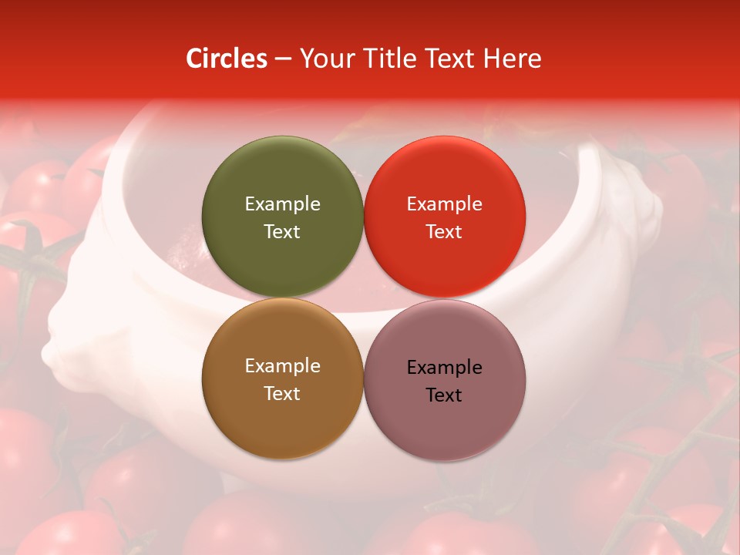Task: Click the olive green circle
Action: click(x=282, y=173)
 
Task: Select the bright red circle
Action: click(x=444, y=173)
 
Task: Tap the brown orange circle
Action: click(x=282, y=420)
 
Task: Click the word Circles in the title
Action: click(x=227, y=59)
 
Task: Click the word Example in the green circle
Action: click(x=282, y=204)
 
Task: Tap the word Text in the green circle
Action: click(x=282, y=232)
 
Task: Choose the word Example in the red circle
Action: click(x=444, y=204)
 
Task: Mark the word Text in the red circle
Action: click(x=444, y=232)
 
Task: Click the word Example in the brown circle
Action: click(x=282, y=366)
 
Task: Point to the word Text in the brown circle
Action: click(x=282, y=394)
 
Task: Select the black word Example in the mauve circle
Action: click(x=444, y=368)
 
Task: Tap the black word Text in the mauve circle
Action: click(x=444, y=395)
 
